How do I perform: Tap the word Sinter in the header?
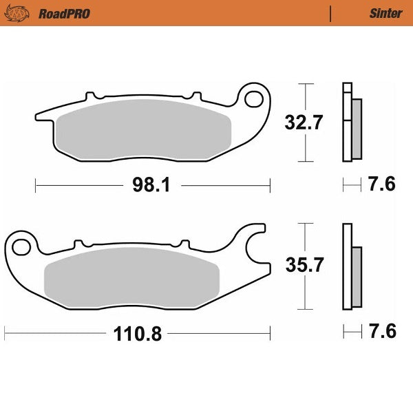click(386, 13)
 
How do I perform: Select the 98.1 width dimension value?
click(152, 184)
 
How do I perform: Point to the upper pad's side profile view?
click(351, 122)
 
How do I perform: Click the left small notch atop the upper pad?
click(87, 96)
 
